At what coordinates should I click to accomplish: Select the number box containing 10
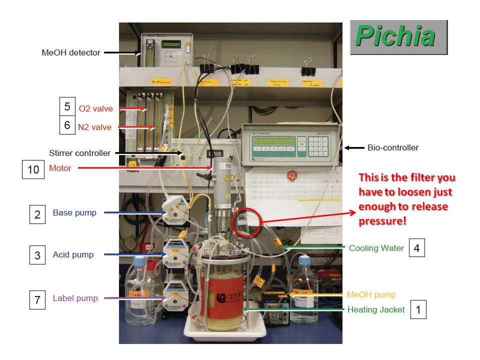(x=33, y=169)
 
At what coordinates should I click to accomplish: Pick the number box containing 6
(x=67, y=125)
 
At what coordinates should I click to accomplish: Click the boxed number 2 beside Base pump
(x=37, y=214)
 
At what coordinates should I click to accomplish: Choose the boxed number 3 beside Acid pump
(x=37, y=255)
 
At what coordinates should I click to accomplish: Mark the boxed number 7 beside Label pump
(x=37, y=300)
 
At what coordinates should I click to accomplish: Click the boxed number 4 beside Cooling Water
(x=416, y=247)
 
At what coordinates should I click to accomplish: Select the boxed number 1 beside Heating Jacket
(x=418, y=309)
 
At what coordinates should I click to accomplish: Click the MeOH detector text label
(x=71, y=52)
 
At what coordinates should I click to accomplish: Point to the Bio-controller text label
(x=393, y=147)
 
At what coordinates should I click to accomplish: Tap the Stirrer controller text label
(x=80, y=153)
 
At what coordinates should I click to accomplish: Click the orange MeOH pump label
(x=371, y=294)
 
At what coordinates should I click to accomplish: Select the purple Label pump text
(x=75, y=298)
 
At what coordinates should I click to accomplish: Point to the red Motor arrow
(x=145, y=168)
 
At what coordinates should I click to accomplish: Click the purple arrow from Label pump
(x=135, y=298)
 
